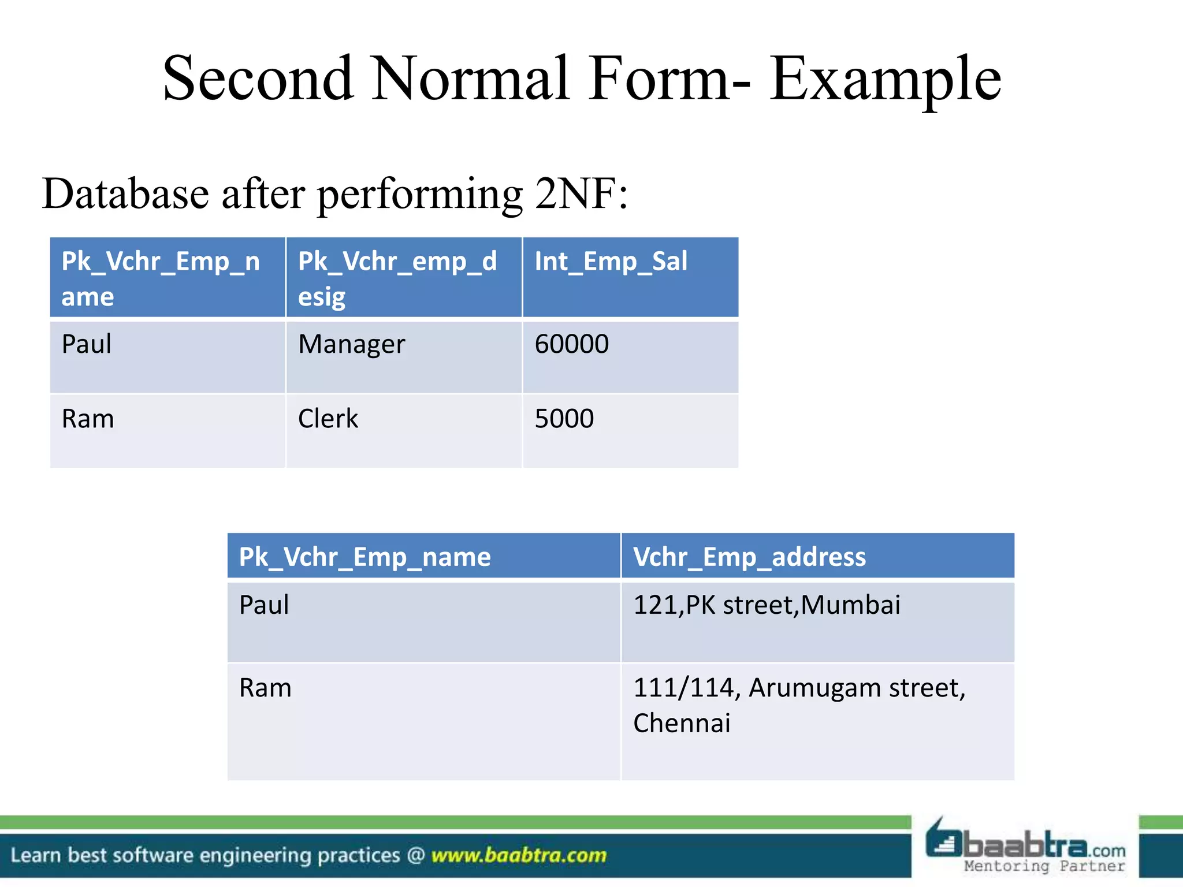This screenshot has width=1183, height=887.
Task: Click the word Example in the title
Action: tap(886, 80)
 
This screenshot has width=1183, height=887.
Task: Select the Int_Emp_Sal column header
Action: tap(611, 261)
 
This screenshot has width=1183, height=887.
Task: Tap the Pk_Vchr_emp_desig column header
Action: tap(397, 278)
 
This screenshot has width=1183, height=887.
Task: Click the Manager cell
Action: tap(351, 344)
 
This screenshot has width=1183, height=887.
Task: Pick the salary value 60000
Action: tap(571, 344)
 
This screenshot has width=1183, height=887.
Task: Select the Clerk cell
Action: tap(328, 419)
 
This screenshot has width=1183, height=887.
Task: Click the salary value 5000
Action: tap(564, 419)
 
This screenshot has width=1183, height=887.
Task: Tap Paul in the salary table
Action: tap(87, 344)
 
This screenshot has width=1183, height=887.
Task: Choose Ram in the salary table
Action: tap(88, 419)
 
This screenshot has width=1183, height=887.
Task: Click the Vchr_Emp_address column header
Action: tap(749, 557)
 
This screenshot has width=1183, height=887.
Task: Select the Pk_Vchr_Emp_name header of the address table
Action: tap(364, 557)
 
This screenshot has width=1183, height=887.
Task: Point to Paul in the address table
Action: tap(264, 605)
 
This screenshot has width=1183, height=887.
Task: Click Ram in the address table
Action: tap(265, 688)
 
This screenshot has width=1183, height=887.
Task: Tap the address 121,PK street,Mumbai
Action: tap(767, 605)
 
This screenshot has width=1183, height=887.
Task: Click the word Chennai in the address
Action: tap(682, 724)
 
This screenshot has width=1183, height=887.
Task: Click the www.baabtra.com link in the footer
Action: tap(519, 855)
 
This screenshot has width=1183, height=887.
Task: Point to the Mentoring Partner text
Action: tap(1044, 866)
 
